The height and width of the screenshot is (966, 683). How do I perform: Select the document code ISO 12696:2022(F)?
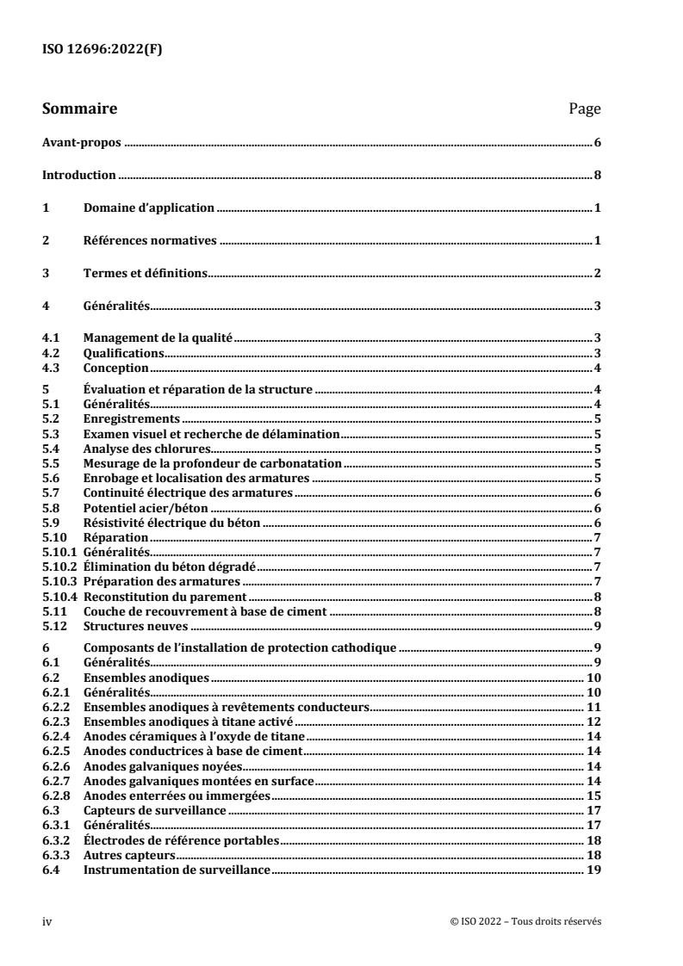click(x=102, y=48)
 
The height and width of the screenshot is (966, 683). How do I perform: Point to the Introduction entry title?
click(x=79, y=176)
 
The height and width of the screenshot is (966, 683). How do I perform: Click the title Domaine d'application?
click(x=148, y=208)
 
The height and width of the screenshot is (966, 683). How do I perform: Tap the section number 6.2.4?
click(x=56, y=734)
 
